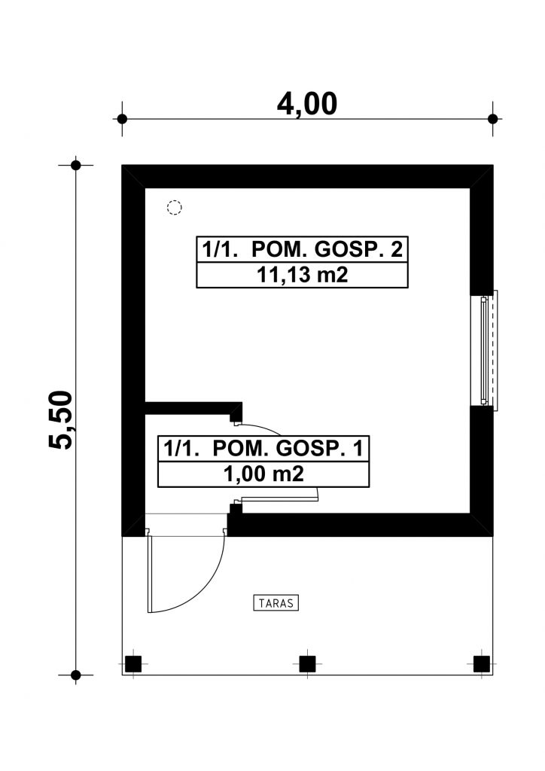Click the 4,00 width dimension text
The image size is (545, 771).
click(307, 104)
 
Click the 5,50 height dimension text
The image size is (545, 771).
click(61, 419)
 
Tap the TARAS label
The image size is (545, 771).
click(276, 603)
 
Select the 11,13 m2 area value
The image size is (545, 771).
click(302, 275)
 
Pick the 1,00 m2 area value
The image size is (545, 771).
click(263, 474)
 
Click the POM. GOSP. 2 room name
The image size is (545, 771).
click(327, 249)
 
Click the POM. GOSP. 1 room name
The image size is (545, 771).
click(288, 449)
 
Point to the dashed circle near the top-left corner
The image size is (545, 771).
click(174, 208)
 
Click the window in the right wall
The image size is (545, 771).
click(484, 350)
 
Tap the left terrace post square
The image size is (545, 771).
click(133, 664)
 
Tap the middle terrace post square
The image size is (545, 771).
click(307, 664)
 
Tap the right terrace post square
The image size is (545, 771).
click(482, 664)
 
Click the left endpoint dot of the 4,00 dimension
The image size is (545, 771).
click(123, 119)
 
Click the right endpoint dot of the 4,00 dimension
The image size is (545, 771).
click(493, 119)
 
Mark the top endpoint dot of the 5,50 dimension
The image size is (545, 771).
click(76, 165)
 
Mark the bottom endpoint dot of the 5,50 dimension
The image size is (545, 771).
click(76, 675)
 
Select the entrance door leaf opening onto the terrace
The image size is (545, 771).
click(149, 573)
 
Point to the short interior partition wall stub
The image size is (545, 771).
click(193, 409)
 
